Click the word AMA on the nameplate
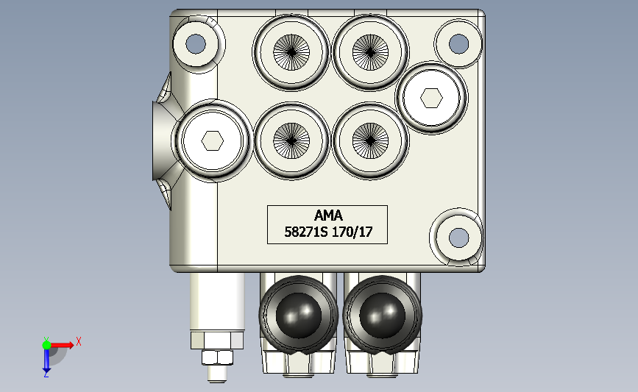pyautogui.click(x=328, y=215)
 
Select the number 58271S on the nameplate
pyautogui.click(x=305, y=232)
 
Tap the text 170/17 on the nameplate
pyautogui.click(x=352, y=232)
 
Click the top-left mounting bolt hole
pyautogui.click(x=196, y=43)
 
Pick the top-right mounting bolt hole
pyautogui.click(x=458, y=43)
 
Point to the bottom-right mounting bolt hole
pyautogui.click(x=458, y=238)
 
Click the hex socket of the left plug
pyautogui.click(x=213, y=140)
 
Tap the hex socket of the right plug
pyautogui.click(x=431, y=98)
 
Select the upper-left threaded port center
pyautogui.click(x=291, y=52)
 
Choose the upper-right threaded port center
pyautogui.click(x=370, y=52)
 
